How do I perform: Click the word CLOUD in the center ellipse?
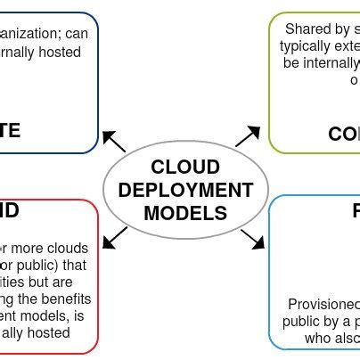(185, 167)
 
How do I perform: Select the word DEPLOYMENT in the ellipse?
(185, 190)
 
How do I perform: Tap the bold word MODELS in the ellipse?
(185, 213)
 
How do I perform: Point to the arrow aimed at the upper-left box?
(114, 141)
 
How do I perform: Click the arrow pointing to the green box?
(248, 136)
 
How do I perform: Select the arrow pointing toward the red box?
(115, 238)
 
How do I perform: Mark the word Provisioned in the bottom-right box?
(323, 304)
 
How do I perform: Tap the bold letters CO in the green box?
(343, 134)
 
